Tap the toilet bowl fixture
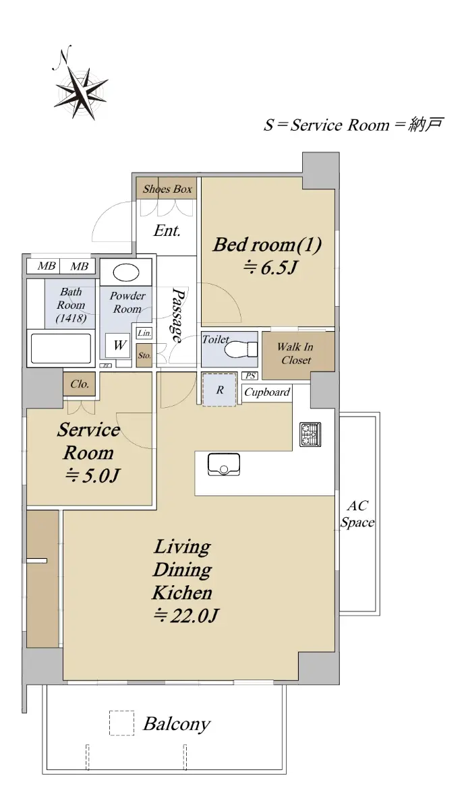(241, 349)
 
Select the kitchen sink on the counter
(224, 464)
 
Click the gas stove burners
(310, 434)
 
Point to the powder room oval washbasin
(125, 272)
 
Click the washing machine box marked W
(118, 345)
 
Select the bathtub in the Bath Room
(61, 349)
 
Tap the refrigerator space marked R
(220, 390)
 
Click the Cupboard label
(267, 392)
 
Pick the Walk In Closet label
(296, 353)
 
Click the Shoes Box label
(167, 189)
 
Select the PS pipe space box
(250, 376)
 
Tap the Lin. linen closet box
(144, 332)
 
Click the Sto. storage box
(144, 355)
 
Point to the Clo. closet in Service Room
(80, 384)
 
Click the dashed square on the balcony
(122, 723)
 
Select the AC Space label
(357, 514)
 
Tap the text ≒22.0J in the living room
(186, 615)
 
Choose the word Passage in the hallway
(177, 315)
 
